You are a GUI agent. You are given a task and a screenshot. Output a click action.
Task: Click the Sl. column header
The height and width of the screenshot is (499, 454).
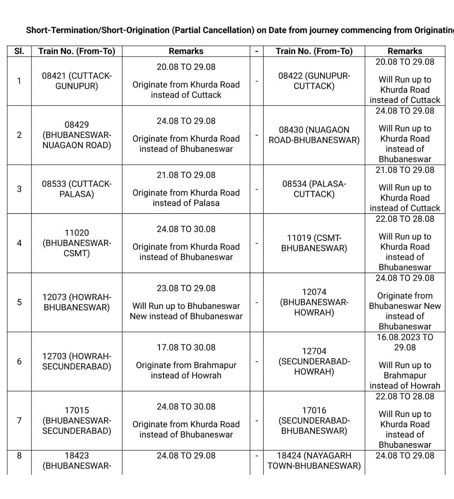[19, 51]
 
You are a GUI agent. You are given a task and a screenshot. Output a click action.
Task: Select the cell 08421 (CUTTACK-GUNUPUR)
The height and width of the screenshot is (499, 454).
[76, 81]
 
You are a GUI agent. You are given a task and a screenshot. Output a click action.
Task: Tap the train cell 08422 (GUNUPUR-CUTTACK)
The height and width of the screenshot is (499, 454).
[314, 81]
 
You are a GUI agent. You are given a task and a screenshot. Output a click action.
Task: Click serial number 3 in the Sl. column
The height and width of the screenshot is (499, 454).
[19, 189]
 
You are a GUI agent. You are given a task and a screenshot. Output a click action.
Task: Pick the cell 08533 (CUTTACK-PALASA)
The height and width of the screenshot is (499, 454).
[76, 189]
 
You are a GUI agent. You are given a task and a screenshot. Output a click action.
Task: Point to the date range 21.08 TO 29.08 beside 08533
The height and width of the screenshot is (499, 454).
[186, 175]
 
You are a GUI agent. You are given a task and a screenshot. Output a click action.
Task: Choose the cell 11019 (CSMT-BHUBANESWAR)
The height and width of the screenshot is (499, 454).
[314, 243]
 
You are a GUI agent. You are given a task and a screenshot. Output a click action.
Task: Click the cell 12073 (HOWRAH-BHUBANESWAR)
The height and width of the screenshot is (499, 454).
[76, 302]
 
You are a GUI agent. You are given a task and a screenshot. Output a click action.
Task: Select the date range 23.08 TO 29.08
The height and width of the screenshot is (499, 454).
[186, 288]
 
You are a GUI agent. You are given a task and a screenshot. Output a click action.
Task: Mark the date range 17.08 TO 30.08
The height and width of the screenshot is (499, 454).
[186, 347]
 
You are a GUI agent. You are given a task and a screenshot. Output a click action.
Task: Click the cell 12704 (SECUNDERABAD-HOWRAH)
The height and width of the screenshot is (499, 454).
[314, 361]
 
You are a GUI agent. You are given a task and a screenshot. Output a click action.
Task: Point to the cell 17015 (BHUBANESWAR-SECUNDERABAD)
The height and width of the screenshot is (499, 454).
[76, 421]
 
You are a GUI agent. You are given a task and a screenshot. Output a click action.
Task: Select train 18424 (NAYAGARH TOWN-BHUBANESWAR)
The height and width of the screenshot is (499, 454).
[314, 460]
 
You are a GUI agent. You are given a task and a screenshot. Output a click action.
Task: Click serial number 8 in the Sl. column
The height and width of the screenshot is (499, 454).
[19, 455]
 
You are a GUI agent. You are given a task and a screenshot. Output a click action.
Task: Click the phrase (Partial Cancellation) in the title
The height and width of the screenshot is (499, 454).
[213, 30]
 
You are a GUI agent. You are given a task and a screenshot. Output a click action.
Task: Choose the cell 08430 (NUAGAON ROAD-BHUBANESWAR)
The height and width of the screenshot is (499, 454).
[314, 135]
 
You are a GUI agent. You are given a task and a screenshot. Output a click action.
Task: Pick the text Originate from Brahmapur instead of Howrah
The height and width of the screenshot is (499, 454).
[186, 370]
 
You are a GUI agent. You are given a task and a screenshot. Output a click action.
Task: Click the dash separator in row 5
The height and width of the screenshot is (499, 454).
[257, 302]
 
